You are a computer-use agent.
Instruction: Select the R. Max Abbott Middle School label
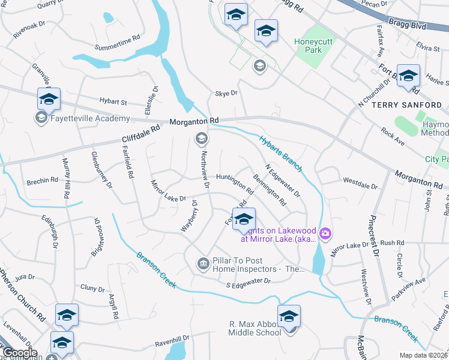click(x=255, y=328)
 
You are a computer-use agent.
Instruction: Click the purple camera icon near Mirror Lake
click(x=325, y=233)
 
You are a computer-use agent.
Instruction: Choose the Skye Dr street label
click(x=226, y=94)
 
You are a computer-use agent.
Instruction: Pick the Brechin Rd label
click(x=42, y=179)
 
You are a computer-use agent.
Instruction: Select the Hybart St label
click(x=114, y=103)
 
